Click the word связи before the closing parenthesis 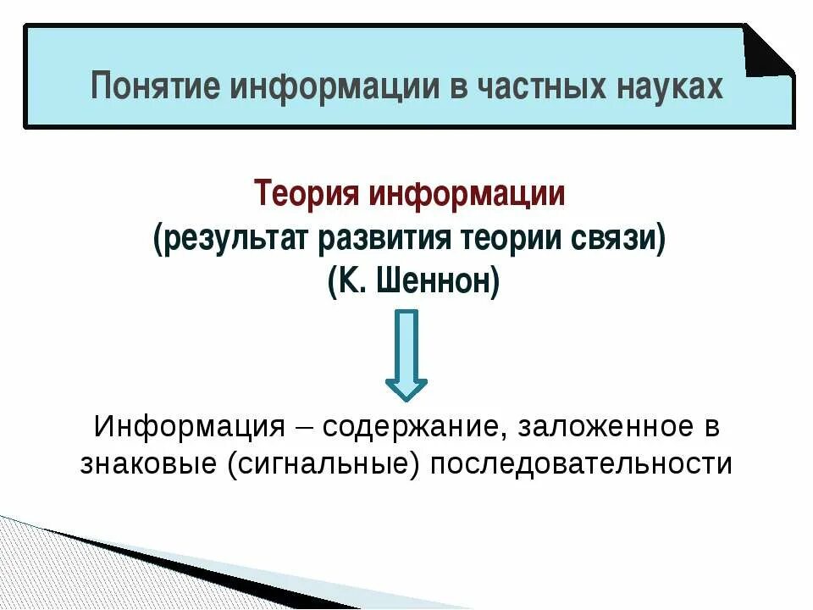[616, 238]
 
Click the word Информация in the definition [188, 426]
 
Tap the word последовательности [581, 465]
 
